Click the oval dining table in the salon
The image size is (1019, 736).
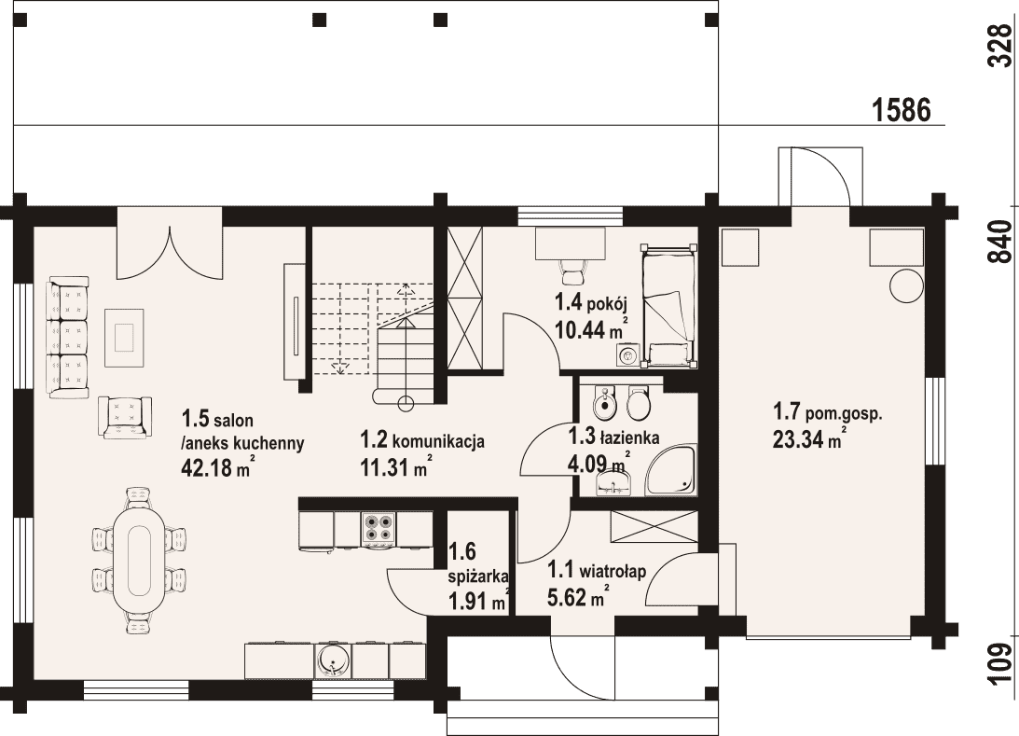pos(138,560)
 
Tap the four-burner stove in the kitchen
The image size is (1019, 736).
pos(379,527)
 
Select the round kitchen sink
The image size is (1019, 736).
pos(334,660)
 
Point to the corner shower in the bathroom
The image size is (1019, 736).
pos(671,467)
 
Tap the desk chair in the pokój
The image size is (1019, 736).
pos(571,270)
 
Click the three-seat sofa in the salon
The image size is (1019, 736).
pos(67,337)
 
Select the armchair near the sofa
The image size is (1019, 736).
pos(125,417)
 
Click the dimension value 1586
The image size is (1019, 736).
pos(901,110)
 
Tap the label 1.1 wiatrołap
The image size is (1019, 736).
pos(597,571)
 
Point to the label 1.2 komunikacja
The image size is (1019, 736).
pos(422,441)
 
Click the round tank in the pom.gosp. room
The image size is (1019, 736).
pos(906,285)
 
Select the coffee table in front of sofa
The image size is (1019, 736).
pos(126,337)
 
